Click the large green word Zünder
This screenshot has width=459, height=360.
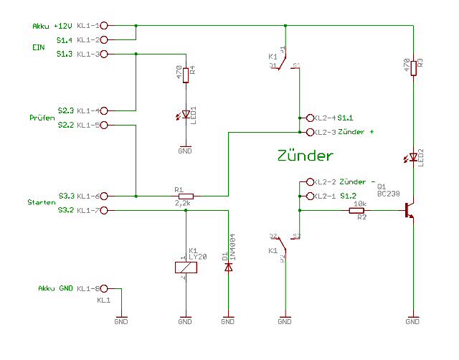(305, 156)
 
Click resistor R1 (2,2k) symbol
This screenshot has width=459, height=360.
(186, 196)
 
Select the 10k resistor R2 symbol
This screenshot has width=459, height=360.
(357, 210)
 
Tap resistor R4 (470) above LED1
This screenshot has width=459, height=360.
(186, 75)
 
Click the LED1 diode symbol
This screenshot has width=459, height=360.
(186, 114)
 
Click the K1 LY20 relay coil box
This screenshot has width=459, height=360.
(186, 267)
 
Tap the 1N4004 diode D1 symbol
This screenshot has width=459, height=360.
(229, 267)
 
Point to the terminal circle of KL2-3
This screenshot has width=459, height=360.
(310, 132)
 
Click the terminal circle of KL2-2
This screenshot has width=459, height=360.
(310, 181)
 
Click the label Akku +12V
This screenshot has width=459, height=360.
(51, 26)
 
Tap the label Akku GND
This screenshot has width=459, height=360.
(55, 288)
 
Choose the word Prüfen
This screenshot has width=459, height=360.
(42, 118)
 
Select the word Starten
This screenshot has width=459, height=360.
(42, 203)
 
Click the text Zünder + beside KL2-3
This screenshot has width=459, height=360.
(356, 132)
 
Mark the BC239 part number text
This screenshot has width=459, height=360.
(389, 194)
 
